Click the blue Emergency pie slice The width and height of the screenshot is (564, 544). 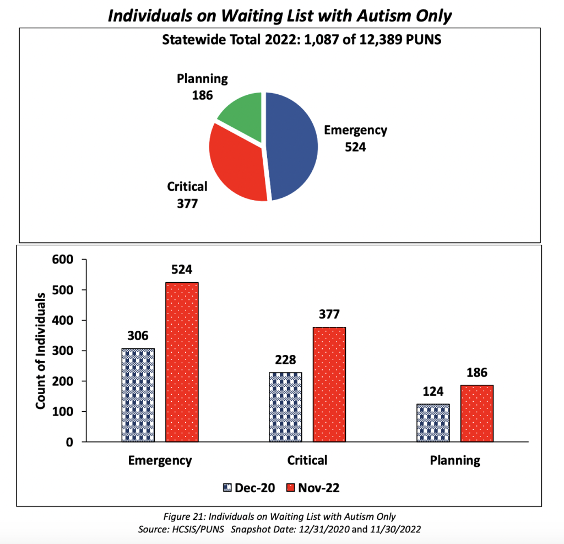pos(292,146)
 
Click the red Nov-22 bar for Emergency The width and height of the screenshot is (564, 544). pos(182,362)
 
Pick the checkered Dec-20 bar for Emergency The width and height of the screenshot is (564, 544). pos(138,395)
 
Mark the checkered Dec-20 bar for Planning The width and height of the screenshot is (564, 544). pos(433,423)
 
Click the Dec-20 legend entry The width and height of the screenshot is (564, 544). pos(248,488)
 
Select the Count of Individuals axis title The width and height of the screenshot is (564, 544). pos(41,351)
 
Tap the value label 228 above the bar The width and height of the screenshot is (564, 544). pos(285,360)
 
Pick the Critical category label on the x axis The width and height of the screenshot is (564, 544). pos(307,460)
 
